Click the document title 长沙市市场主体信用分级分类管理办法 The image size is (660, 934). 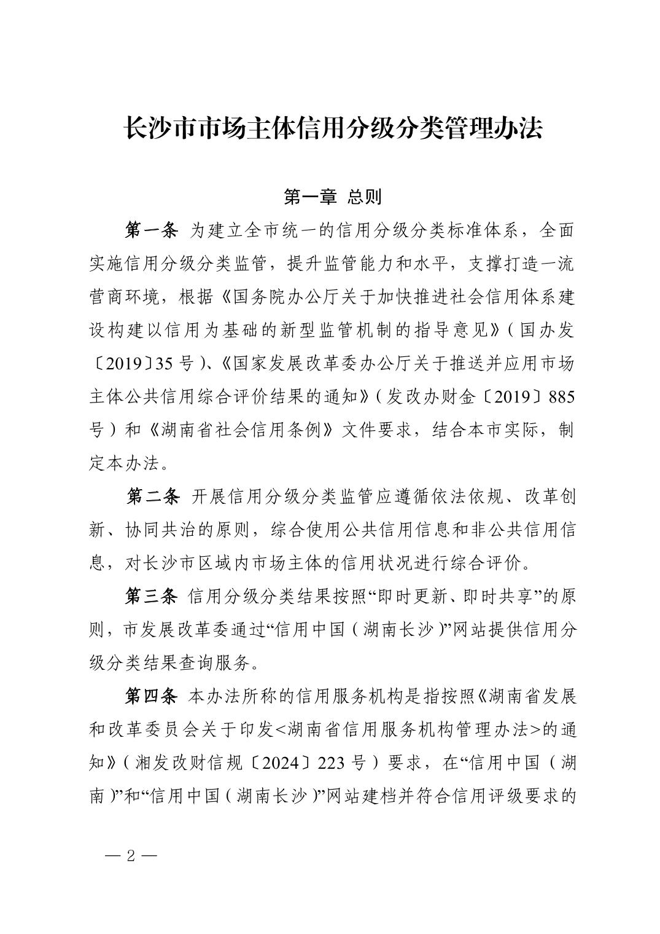[x=333, y=128]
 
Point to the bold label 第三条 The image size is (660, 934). [x=151, y=596]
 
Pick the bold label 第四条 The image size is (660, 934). [x=151, y=696]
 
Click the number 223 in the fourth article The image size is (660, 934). [x=335, y=763]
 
